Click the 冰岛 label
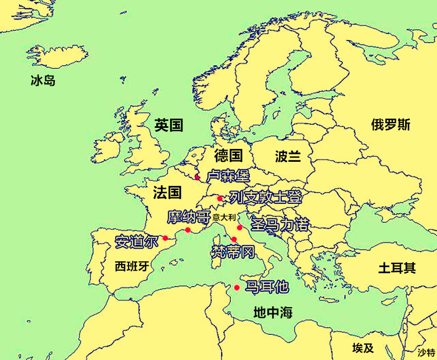[43, 81]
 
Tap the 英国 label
[169, 125]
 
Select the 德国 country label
[228, 155]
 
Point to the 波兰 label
[288, 156]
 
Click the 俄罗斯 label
[391, 125]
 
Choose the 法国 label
[168, 193]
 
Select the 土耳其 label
[397, 268]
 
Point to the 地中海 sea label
[273, 312]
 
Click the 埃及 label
[363, 348]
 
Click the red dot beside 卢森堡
[197, 177]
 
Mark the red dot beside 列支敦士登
[220, 198]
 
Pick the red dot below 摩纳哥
[188, 230]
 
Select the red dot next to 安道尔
[165, 238]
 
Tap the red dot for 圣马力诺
[240, 228]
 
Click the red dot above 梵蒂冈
[234, 239]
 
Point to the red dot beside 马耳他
[237, 288]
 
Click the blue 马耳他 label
[267, 287]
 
